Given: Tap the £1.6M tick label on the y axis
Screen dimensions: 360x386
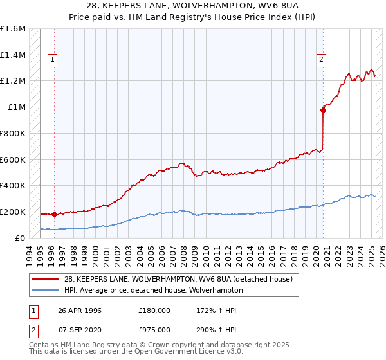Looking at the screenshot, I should click(13, 29).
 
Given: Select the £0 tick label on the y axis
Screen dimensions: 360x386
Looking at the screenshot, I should click(20, 238).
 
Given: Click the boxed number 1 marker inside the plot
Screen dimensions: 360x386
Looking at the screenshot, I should click(53, 60).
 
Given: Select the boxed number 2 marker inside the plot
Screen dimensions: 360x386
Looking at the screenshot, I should click(320, 60).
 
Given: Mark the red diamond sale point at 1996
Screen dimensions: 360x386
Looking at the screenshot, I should click(55, 215).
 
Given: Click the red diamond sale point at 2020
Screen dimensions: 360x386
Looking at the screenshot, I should click(324, 111).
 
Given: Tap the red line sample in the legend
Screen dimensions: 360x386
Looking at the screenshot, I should click(47, 279).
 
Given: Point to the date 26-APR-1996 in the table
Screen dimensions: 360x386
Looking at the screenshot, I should click(80, 310).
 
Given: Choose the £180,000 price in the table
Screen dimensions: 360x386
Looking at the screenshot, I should click(154, 310).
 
